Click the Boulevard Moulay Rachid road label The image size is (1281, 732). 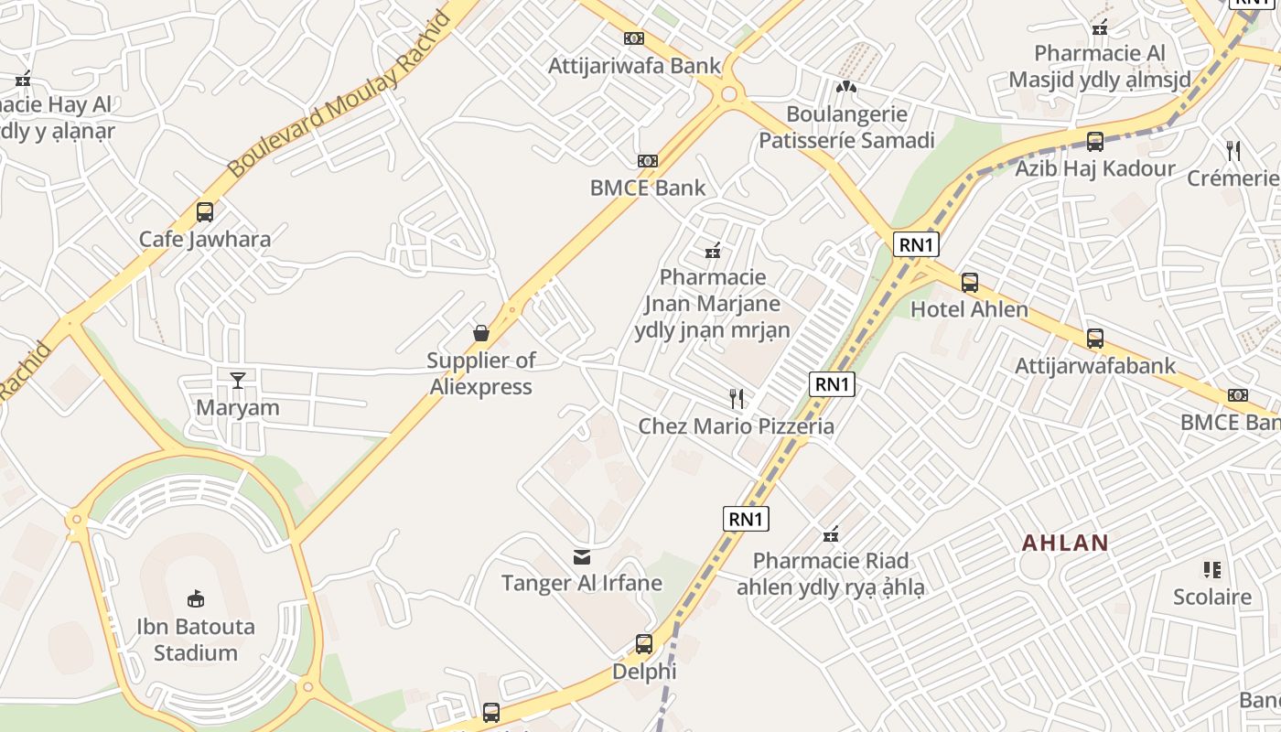(339, 94)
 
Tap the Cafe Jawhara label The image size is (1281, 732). (205, 240)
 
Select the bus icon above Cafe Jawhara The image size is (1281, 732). (205, 212)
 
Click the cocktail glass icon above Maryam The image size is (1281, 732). (238, 380)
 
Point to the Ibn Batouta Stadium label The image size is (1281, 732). (196, 640)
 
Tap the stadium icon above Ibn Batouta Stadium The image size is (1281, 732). (196, 599)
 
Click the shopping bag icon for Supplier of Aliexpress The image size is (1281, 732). (481, 333)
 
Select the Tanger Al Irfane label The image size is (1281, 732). (581, 583)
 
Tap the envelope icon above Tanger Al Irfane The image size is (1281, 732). (581, 556)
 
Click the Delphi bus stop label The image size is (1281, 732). (644, 673)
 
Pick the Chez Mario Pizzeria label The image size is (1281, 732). (737, 426)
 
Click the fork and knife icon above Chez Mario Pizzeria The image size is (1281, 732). (737, 398)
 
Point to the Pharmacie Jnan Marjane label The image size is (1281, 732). (713, 303)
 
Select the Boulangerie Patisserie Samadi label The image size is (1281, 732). (846, 127)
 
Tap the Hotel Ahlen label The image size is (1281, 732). (969, 309)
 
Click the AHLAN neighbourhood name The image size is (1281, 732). (1065, 543)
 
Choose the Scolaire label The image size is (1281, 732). (1212, 597)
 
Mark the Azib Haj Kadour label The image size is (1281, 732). (1095, 168)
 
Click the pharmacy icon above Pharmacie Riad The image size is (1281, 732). (831, 534)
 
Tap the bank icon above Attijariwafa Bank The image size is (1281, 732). (634, 38)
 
